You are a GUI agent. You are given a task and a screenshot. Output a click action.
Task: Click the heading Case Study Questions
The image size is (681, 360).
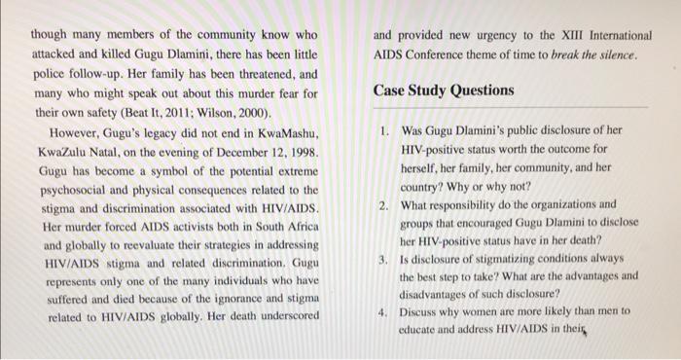tap(444, 90)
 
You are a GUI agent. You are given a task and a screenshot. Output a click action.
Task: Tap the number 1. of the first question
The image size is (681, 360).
tap(386, 129)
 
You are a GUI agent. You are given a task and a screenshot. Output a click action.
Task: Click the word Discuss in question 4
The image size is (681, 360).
tap(423, 312)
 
